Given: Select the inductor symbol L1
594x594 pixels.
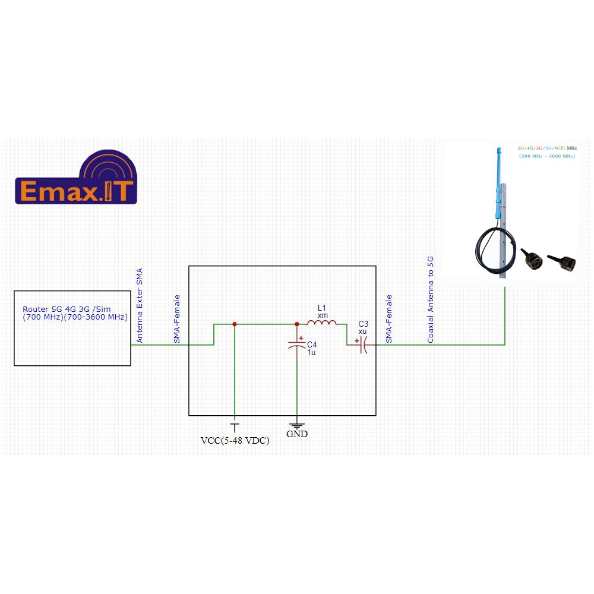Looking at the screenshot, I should pyautogui.click(x=322, y=324).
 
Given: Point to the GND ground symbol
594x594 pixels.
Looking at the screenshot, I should pyautogui.click(x=296, y=425).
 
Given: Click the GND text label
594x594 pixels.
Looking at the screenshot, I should pyautogui.click(x=297, y=434).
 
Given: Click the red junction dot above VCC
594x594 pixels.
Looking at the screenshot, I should pyautogui.click(x=235, y=324).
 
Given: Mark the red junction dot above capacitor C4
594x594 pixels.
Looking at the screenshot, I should pyautogui.click(x=296, y=324).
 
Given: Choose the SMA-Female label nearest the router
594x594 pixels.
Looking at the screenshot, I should pyautogui.click(x=176, y=319).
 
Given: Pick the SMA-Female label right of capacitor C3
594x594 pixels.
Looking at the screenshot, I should pyautogui.click(x=389, y=319).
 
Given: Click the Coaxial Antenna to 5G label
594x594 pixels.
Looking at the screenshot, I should pyautogui.click(x=431, y=300).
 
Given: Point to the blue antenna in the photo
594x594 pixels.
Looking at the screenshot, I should pyautogui.click(x=497, y=178).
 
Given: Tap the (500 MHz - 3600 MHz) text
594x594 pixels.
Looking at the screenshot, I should pyautogui.click(x=546, y=156).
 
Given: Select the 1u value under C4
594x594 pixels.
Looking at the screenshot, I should pyautogui.click(x=311, y=353).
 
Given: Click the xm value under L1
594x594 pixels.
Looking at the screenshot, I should pyautogui.click(x=323, y=315).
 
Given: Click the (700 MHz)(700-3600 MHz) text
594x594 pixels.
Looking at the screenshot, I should pyautogui.click(x=75, y=317).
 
